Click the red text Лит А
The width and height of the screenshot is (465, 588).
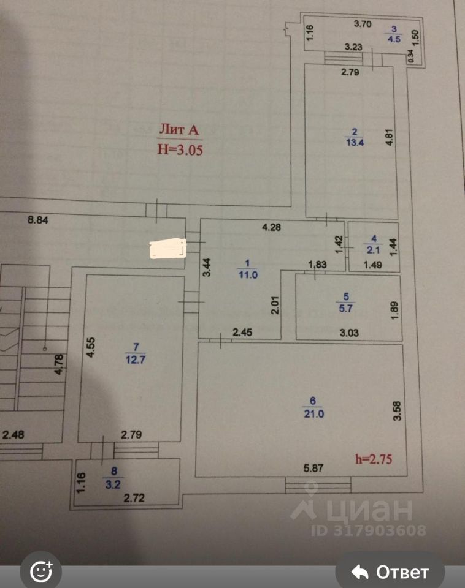pos(180,130)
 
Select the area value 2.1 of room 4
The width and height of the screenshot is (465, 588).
pos(374,249)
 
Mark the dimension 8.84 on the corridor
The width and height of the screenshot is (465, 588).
pos(40,219)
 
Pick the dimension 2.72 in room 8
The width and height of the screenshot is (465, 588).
pos(134,498)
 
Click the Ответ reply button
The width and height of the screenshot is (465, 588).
pos(390,573)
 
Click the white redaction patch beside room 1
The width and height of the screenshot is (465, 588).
pos(167,249)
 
